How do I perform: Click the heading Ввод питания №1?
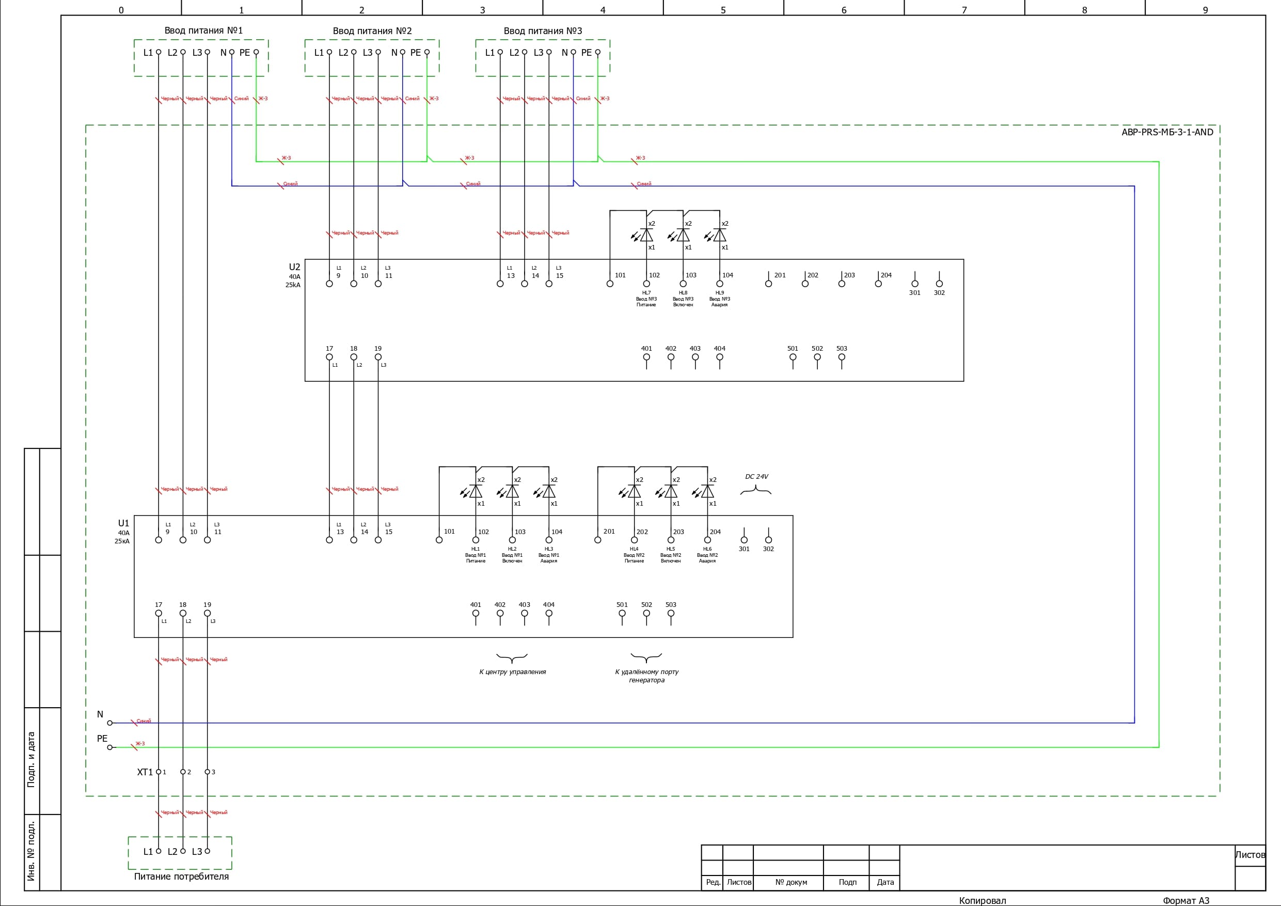point(203,30)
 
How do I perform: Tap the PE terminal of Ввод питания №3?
point(597,53)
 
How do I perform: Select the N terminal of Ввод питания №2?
point(402,53)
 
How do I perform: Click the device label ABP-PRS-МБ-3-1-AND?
point(1167,132)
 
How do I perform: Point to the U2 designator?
point(294,267)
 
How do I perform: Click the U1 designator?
point(123,523)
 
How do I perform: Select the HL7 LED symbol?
point(645,236)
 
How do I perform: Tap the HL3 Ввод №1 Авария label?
point(548,555)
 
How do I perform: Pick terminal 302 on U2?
point(939,284)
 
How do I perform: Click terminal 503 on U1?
point(671,613)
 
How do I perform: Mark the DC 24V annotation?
point(756,477)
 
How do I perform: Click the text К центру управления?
point(512,671)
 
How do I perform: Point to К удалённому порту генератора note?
point(646,676)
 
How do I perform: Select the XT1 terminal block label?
point(145,772)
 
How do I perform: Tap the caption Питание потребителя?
point(181,877)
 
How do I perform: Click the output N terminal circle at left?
point(110,723)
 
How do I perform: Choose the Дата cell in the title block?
point(885,882)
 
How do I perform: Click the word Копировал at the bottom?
point(982,900)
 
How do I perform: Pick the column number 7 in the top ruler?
point(964,10)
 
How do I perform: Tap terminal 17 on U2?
point(329,357)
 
